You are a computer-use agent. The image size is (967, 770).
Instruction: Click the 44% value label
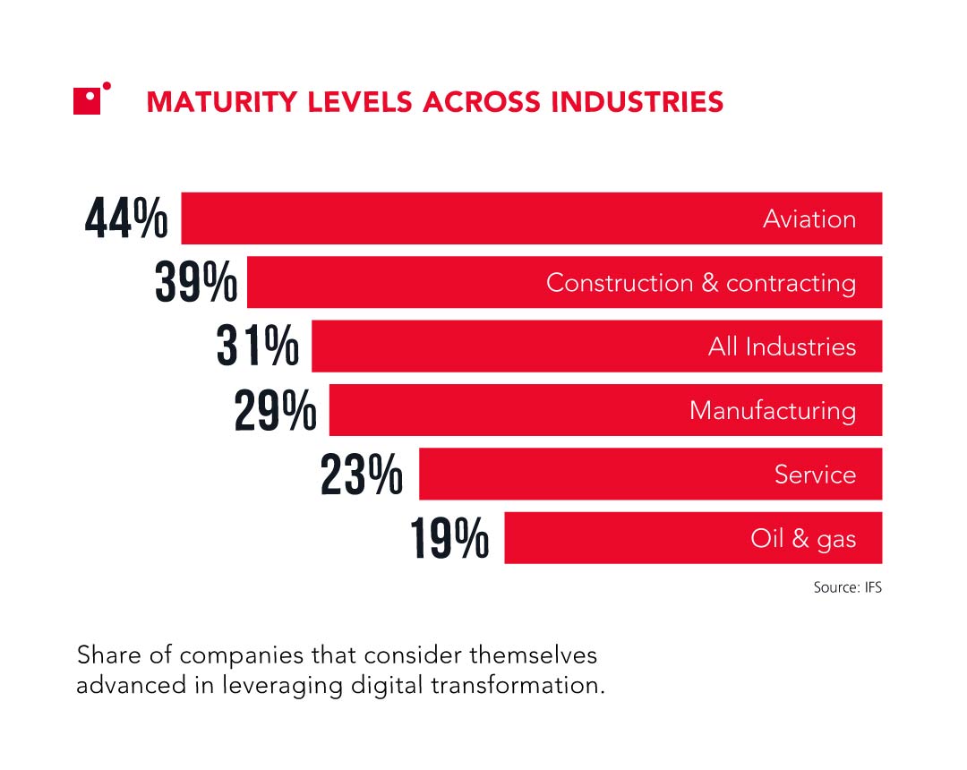click(126, 219)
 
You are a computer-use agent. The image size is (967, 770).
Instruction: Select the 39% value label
click(196, 283)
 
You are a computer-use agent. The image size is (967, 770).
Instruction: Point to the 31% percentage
click(258, 346)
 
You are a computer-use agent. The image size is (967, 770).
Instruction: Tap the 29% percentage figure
click(276, 411)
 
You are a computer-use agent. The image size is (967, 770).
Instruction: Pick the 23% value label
click(362, 475)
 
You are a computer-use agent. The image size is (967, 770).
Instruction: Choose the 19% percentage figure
click(449, 539)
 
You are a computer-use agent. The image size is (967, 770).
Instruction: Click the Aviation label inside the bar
click(809, 219)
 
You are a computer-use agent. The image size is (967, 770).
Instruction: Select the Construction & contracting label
click(701, 283)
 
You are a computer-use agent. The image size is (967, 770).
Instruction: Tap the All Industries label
click(782, 346)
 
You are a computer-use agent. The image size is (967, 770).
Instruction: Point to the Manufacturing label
click(773, 411)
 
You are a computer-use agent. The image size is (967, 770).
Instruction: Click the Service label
click(815, 475)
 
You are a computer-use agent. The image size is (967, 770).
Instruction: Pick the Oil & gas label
click(803, 539)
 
